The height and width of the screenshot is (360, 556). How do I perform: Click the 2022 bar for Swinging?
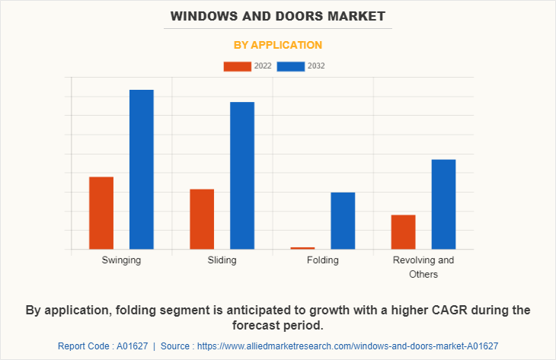click(x=101, y=213)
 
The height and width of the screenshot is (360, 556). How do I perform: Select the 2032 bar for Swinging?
click(x=142, y=170)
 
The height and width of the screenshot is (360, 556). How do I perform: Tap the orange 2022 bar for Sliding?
click(x=202, y=219)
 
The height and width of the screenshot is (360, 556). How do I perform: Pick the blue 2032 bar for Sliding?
click(x=242, y=176)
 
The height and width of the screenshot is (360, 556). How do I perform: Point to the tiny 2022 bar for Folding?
click(x=302, y=248)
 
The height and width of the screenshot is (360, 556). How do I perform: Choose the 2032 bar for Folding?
click(x=343, y=221)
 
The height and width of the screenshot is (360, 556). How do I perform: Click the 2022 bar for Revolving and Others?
click(x=403, y=232)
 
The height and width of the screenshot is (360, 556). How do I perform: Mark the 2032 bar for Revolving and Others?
click(x=443, y=204)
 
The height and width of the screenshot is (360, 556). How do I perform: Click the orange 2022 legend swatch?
click(x=237, y=66)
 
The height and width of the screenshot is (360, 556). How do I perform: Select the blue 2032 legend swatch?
click(x=290, y=66)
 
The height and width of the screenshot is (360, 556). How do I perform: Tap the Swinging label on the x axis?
click(x=121, y=260)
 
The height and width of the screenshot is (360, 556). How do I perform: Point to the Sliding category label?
click(x=222, y=260)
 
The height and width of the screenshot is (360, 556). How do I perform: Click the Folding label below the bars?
click(x=322, y=260)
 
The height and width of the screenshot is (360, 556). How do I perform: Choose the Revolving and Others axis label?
click(x=423, y=267)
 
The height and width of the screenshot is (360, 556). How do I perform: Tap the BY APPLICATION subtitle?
click(x=278, y=45)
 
